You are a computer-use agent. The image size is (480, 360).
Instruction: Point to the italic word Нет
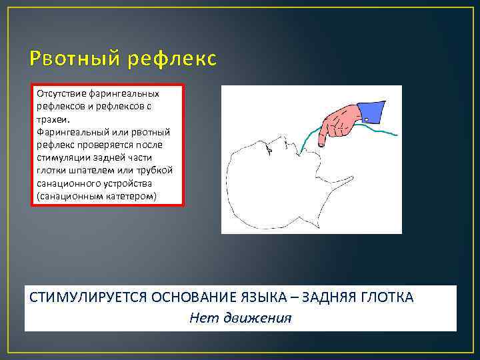(199, 318)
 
